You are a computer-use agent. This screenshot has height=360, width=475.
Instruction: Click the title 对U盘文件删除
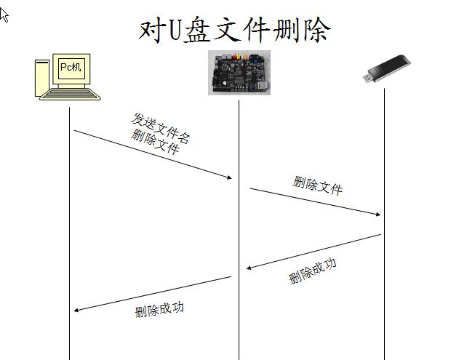[x=234, y=30]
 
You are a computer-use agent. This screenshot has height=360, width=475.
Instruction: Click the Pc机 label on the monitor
[x=71, y=67]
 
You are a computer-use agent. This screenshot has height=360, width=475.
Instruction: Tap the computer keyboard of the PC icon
[x=70, y=94]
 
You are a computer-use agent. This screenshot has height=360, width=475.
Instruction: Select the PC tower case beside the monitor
[x=42, y=78]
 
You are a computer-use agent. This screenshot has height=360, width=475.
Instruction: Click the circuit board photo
[x=239, y=73]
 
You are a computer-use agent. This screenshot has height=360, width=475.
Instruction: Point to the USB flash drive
[x=387, y=68]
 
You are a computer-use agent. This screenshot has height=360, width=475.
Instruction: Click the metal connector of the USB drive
[x=367, y=78]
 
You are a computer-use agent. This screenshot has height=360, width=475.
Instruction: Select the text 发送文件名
[x=161, y=129]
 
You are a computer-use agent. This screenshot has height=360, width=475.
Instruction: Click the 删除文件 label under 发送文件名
[x=155, y=142]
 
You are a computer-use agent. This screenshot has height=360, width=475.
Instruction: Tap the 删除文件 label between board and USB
[x=317, y=185]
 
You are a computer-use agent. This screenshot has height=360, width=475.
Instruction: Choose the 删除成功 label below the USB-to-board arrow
[x=312, y=271]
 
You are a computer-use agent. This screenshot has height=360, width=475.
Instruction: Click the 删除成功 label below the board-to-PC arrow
[x=159, y=309]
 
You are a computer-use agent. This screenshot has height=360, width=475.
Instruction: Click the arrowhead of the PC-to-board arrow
[x=229, y=177]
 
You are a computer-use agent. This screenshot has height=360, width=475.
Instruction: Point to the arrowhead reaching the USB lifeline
[x=378, y=215]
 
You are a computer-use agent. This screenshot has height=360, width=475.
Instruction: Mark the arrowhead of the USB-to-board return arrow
[x=249, y=268]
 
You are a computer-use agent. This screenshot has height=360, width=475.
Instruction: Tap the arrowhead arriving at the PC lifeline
[x=76, y=310]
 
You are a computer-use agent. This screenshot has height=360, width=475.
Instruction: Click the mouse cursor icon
[x=4, y=15]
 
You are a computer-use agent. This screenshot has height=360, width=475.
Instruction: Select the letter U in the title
[x=175, y=31]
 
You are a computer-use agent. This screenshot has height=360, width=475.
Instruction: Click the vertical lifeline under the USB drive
[x=384, y=224]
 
